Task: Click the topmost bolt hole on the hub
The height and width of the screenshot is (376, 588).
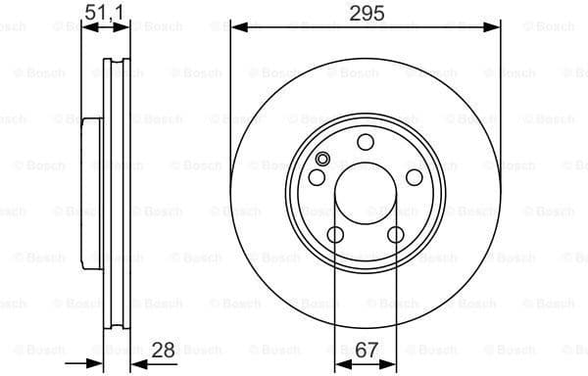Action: pos(365,142)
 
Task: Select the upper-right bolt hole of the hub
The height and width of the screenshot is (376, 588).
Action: pos(414,177)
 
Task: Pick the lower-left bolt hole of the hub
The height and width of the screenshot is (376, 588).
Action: pos(334,235)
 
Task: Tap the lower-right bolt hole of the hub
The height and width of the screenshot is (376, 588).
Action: pos(395,235)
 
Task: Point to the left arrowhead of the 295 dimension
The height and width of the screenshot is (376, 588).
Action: pos(236,28)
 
